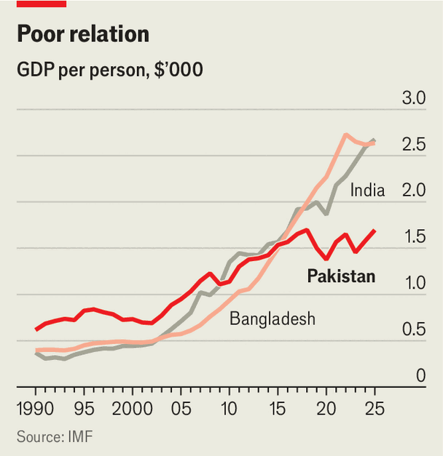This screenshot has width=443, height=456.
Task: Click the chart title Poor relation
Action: click(x=83, y=33)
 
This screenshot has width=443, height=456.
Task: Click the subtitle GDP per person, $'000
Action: click(x=110, y=70)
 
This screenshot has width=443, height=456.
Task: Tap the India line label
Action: click(x=367, y=191)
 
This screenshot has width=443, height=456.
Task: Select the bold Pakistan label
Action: click(x=341, y=276)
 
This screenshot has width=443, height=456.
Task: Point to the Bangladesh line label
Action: click(x=273, y=319)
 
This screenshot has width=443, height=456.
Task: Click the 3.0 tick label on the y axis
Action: click(x=414, y=97)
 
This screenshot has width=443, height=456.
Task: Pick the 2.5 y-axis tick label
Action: click(x=414, y=144)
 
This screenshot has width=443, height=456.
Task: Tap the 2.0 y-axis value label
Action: click(x=414, y=191)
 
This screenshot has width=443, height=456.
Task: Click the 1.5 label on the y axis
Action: click(x=415, y=236)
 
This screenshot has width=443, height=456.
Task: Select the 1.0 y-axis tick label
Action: click(x=415, y=283)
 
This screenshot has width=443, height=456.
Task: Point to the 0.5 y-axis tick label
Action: click(x=414, y=329)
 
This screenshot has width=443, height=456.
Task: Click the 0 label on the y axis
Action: click(x=421, y=375)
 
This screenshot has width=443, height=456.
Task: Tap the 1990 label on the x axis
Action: click(x=35, y=409)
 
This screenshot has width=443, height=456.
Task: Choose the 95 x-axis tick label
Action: click(x=84, y=409)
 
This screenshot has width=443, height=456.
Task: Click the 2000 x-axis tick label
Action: click(x=133, y=409)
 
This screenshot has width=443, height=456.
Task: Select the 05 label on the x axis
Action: click(x=181, y=409)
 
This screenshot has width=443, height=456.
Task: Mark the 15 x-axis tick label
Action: click(x=278, y=409)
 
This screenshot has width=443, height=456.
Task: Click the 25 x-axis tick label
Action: click(x=375, y=409)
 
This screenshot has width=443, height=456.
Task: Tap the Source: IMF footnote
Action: click(x=55, y=436)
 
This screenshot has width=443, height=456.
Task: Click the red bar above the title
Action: click(x=42, y=4)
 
